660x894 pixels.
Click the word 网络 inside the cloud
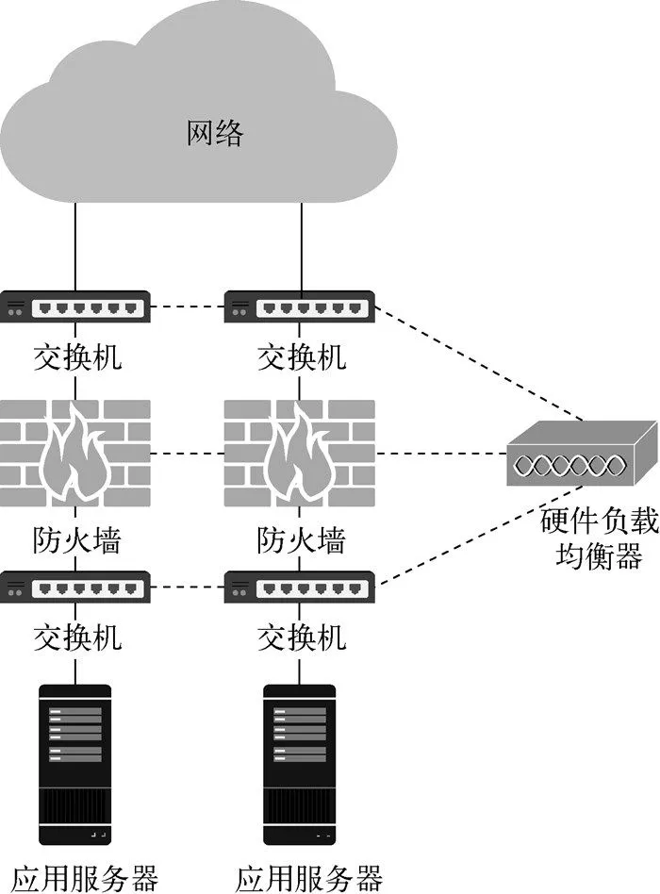tap(215, 134)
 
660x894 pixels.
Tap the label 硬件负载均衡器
tap(592, 538)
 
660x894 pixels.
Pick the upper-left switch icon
tap(76, 307)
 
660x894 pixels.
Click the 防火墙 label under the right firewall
tap(301, 540)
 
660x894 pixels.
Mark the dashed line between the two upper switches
tap(187, 307)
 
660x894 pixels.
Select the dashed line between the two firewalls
tap(187, 455)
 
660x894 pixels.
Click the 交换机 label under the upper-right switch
tap(301, 357)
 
